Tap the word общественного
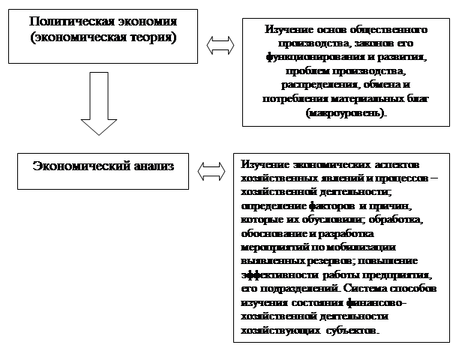pos(387,29)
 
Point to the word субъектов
pos(352,331)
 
